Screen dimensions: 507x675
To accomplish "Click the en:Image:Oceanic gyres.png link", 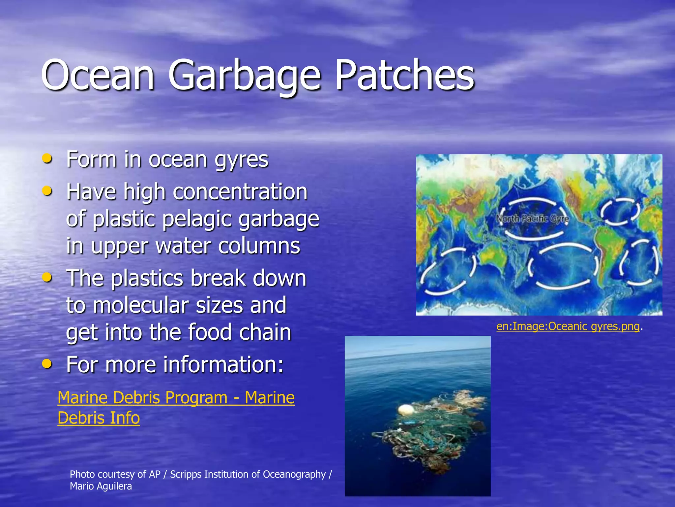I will pos(568,326).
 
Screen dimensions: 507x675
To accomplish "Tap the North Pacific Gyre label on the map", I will pos(532,219).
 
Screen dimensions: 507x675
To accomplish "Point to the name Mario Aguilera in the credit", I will pos(101,486).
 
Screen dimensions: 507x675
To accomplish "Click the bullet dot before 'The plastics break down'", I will pos(47,277).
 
